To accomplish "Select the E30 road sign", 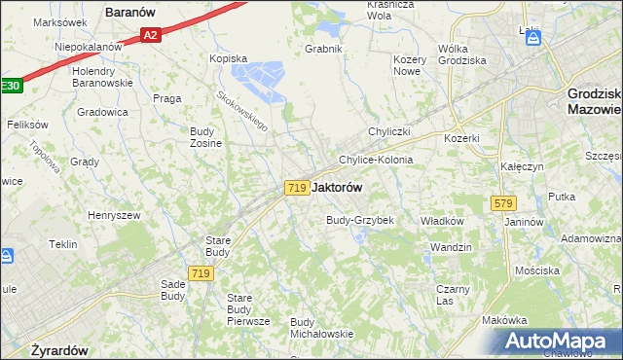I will pyautogui.click(x=10, y=86).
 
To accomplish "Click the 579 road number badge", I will pyautogui.click(x=503, y=203).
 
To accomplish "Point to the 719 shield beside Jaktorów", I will pyautogui.click(x=298, y=188).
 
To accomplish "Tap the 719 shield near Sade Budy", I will pyautogui.click(x=202, y=274).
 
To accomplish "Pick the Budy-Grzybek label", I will pyautogui.click(x=359, y=220).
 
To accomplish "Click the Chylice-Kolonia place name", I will pyautogui.click(x=376, y=160).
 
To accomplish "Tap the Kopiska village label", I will pyautogui.click(x=230, y=58).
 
